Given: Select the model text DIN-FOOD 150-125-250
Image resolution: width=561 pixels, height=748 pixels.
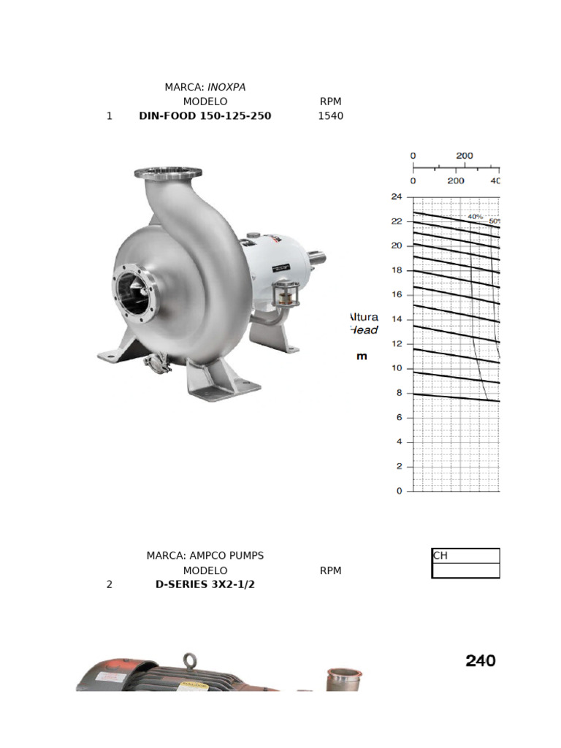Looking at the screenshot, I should pos(205,115).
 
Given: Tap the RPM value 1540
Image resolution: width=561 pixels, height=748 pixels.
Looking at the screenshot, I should pos(330,115).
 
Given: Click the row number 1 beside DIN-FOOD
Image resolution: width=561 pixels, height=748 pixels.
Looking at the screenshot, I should pos(110,115).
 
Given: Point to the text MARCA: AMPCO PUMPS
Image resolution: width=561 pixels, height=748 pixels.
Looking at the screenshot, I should pos(205,555).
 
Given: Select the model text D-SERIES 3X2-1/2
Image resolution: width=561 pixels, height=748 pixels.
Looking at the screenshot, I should pos(205,584).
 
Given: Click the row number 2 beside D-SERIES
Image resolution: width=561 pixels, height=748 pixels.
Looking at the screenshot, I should pos(110,584).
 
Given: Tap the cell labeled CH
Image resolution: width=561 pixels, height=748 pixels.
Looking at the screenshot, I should pos(465,555).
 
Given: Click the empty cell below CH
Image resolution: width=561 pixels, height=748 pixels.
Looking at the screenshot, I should pos(465,570).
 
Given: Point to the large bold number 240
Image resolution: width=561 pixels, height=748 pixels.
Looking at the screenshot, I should pos(481,661).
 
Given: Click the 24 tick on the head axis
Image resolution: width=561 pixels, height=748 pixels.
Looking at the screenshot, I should pos(397,196).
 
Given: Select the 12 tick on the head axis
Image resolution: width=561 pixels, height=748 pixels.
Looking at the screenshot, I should pos(397,343).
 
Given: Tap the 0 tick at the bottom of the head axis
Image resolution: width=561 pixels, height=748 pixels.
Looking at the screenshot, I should pos(399,491).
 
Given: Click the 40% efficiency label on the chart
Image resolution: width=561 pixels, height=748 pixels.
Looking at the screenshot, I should pos(475,216).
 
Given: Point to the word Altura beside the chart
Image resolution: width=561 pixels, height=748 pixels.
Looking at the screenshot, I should pos(364,317).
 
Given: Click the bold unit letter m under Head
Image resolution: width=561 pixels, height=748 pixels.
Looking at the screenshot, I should pos(362,356).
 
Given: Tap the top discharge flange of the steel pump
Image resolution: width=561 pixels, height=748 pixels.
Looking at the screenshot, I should pos(168,173).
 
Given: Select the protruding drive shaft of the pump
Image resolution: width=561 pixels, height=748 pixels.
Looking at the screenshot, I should pos(316,258).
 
